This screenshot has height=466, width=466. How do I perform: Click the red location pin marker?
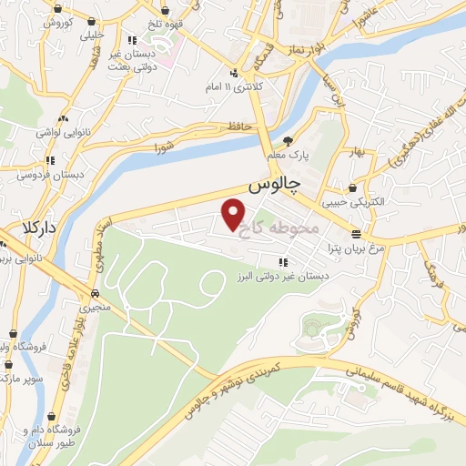[x=234, y=214]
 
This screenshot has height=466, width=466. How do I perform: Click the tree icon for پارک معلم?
[x=289, y=141]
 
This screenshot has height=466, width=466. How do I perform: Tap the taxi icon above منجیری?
[x=95, y=294]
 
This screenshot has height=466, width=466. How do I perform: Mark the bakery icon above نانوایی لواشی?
[x=64, y=119]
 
